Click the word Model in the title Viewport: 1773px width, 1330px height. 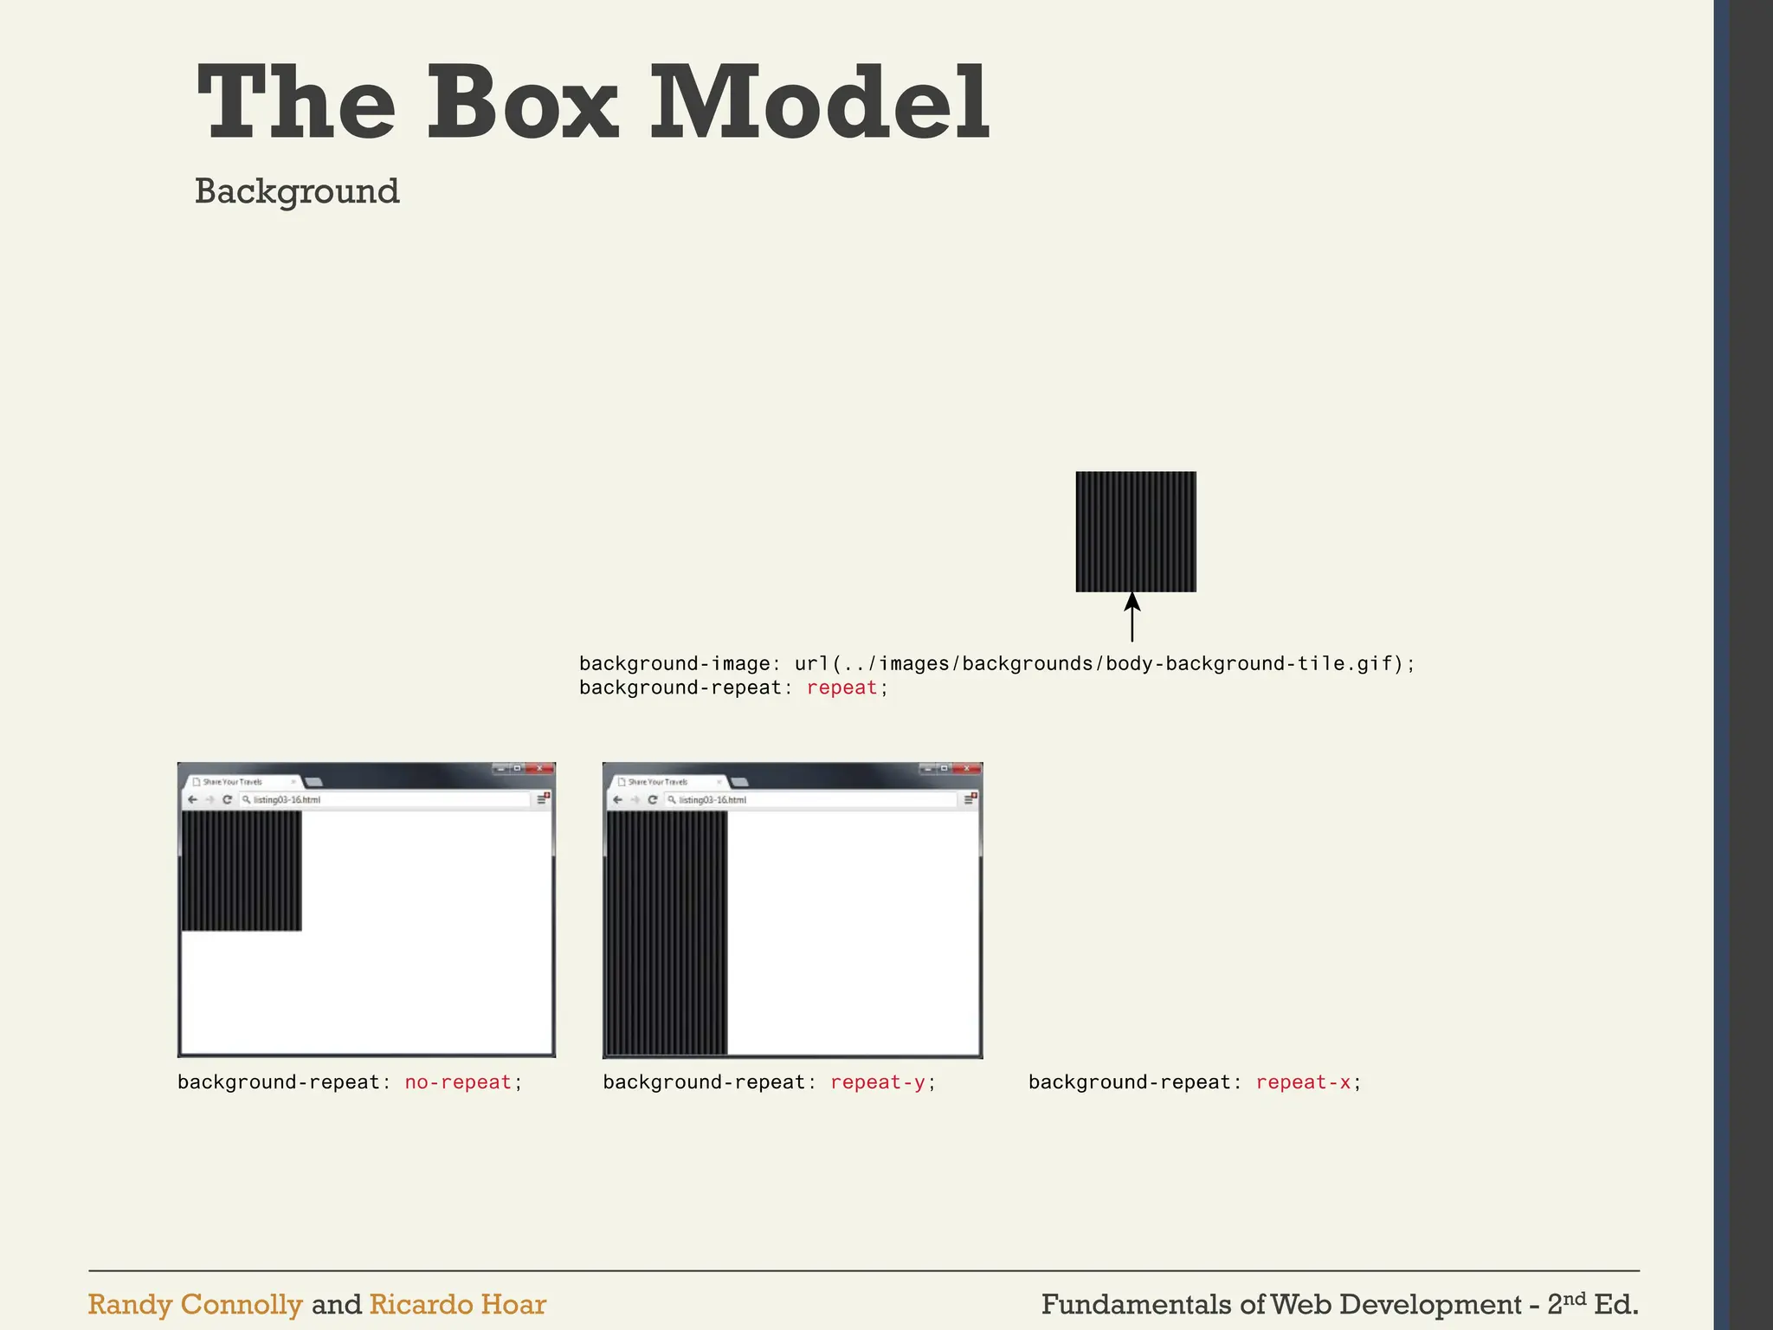click(819, 104)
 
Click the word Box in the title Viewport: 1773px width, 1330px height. click(522, 104)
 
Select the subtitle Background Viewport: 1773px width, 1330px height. click(297, 191)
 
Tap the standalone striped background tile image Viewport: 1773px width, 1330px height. click(1136, 532)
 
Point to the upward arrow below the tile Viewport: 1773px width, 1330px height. click(1131, 616)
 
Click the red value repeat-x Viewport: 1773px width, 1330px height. click(1303, 1082)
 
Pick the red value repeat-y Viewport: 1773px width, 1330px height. click(878, 1082)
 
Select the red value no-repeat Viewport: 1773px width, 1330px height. click(458, 1082)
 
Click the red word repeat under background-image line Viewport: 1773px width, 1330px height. click(841, 688)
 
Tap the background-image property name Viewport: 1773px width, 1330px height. click(674, 664)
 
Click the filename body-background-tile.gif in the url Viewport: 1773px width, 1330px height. click(1249, 664)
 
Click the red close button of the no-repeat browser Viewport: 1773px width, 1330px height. click(539, 768)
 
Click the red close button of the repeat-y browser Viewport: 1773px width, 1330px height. click(966, 768)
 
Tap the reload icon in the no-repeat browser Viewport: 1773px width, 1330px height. click(227, 799)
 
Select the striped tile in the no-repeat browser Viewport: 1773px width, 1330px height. click(242, 870)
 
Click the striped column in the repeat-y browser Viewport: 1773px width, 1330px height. click(667, 933)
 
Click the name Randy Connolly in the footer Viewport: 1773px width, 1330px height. click(195, 1304)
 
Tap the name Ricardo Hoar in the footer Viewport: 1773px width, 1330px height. click(458, 1304)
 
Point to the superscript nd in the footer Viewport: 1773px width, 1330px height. click(1575, 1297)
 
